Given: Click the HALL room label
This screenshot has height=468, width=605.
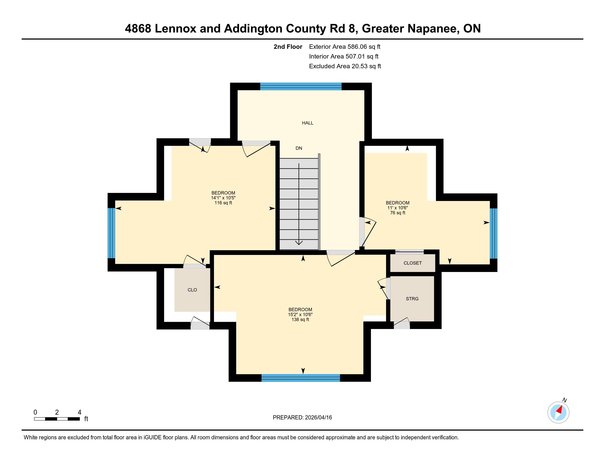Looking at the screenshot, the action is coord(307,123).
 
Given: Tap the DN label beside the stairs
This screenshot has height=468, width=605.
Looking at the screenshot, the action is coord(299,148).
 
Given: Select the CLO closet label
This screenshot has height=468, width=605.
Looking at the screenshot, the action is coord(192,290).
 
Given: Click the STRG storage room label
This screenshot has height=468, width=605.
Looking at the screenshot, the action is coord(412,299).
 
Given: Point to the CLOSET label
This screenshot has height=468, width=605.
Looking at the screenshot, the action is coord(413,263).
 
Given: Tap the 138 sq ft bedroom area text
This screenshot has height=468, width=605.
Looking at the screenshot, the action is coord(300,319).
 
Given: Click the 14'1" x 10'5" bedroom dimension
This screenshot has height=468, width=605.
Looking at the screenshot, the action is coord(223,198).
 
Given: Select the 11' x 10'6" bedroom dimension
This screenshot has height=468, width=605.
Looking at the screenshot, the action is coord(398,208).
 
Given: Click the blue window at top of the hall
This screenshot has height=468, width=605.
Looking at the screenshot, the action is coord(301,86).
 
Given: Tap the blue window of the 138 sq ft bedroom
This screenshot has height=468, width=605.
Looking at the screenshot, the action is coord(301,378).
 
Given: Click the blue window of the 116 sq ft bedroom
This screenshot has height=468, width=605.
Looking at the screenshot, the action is coord(111,233).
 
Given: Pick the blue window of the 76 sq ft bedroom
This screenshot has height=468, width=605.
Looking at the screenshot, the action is coord(493,233).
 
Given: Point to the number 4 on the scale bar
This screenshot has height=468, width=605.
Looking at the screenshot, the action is coord(79,412).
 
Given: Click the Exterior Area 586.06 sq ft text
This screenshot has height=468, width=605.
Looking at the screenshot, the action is coord(345,47).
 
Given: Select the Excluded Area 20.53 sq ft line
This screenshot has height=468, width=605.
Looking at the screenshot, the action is coord(345,66).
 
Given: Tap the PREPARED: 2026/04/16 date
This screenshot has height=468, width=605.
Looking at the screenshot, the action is coord(302,417).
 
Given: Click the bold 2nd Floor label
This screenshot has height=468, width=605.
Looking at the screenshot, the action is coord(288,47).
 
